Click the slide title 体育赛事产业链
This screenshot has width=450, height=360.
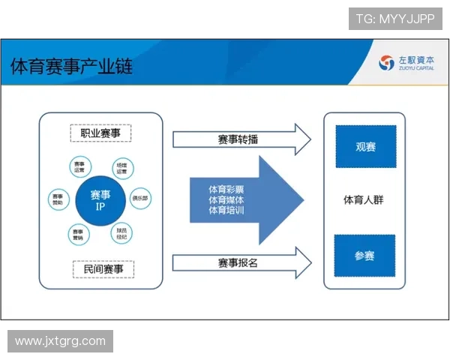[x=71, y=67]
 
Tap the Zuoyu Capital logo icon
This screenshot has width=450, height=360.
[x=386, y=63]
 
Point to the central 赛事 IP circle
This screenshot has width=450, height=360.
[x=100, y=199]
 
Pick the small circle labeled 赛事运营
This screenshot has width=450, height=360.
[x=79, y=167]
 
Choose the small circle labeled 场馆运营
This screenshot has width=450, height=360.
[x=121, y=167]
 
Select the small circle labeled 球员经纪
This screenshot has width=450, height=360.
[x=121, y=233]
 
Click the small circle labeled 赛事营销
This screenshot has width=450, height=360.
[x=79, y=234]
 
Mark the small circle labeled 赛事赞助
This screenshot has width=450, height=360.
[x=58, y=199]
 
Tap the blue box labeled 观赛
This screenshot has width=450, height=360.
[x=365, y=146]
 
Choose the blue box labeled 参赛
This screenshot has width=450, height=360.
[x=364, y=256]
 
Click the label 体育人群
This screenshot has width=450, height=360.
[x=364, y=200]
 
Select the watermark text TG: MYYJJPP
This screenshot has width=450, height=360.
[x=395, y=19]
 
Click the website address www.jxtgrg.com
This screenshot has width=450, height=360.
[x=60, y=341]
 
